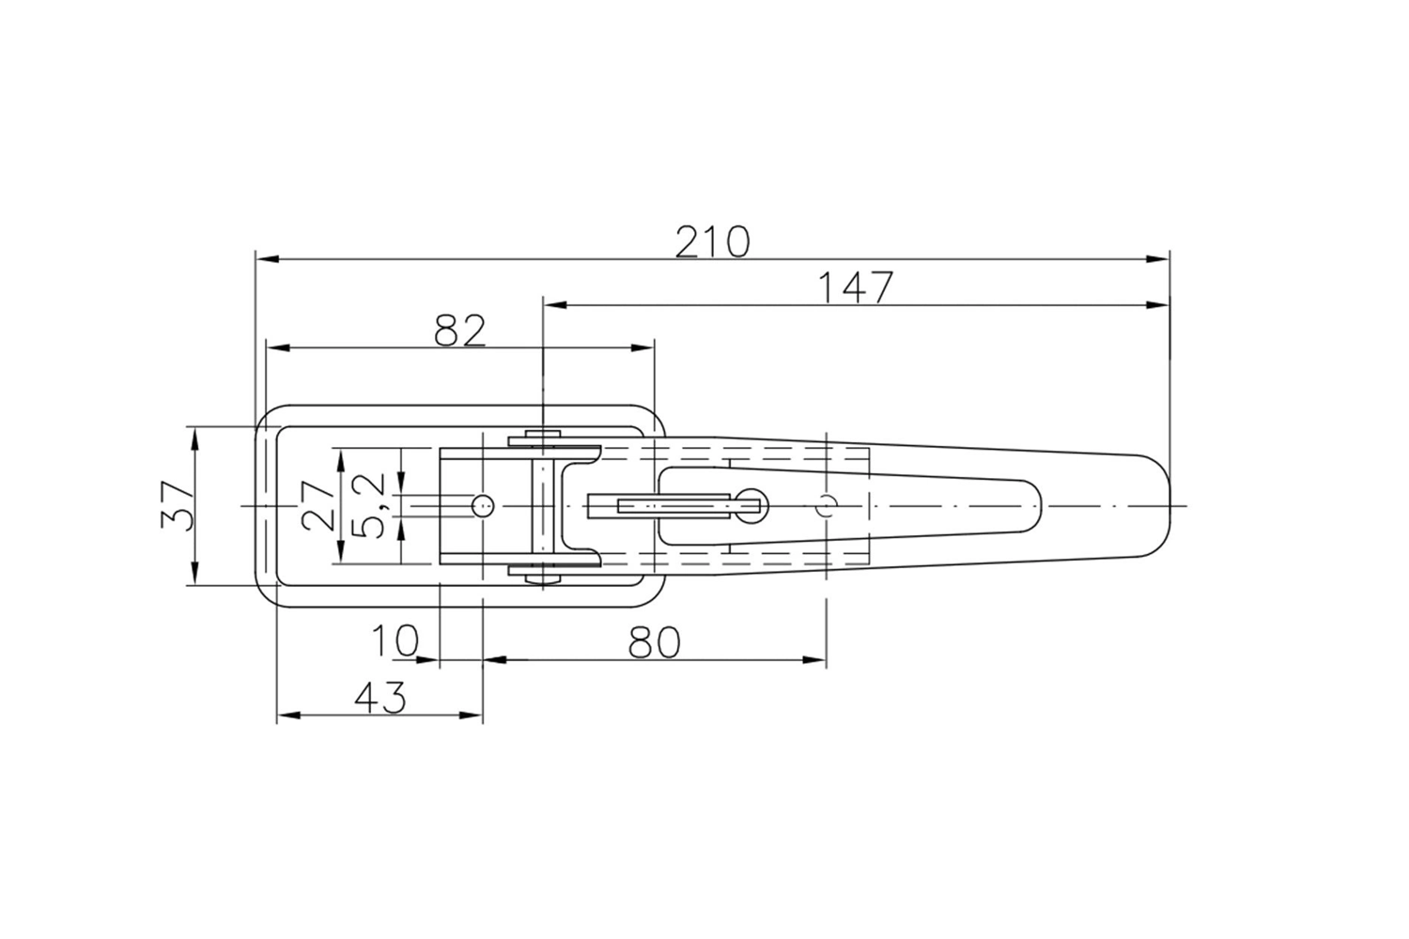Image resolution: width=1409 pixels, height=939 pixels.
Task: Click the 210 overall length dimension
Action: tap(713, 242)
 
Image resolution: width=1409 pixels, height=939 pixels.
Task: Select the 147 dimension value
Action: tap(856, 288)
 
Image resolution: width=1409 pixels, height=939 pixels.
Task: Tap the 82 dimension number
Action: tap(460, 331)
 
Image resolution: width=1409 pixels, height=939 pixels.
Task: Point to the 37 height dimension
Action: tap(178, 506)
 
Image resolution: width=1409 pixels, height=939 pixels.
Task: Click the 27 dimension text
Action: tap(317, 506)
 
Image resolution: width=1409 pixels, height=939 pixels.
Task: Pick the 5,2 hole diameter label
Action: tap(368, 506)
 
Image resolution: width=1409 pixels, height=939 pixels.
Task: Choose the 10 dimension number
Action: tap(395, 641)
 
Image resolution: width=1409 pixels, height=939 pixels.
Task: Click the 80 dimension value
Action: tap(655, 642)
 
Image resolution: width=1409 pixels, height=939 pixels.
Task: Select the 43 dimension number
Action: tap(380, 698)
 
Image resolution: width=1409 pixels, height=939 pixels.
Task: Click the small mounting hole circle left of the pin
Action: tap(483, 506)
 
